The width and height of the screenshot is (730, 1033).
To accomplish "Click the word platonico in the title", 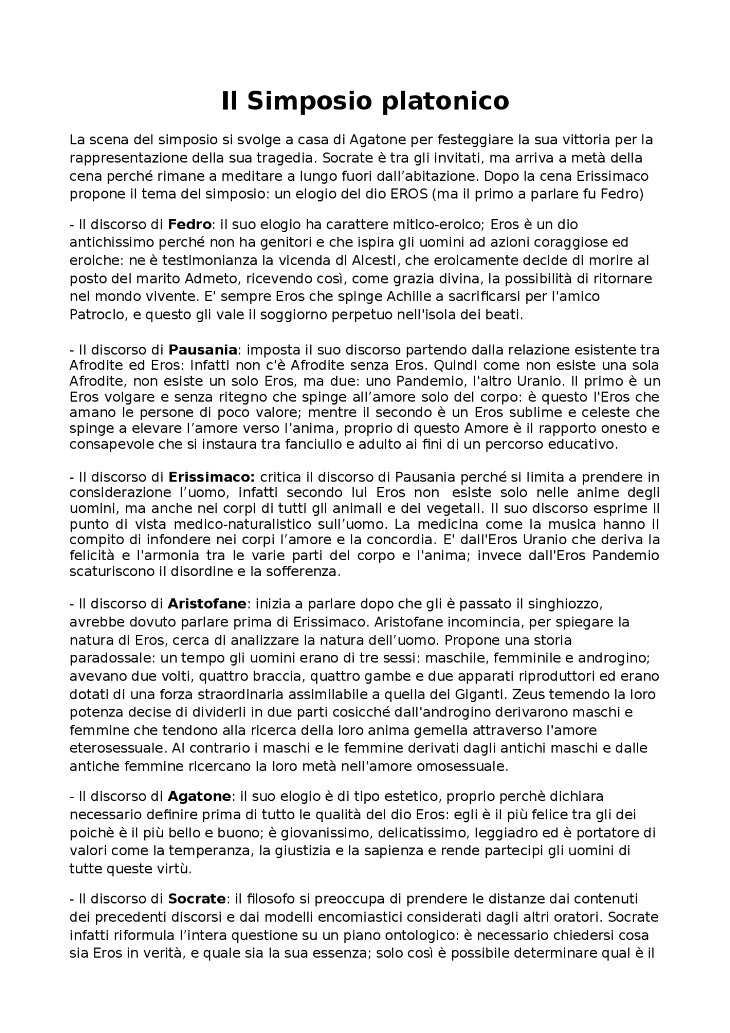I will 444,101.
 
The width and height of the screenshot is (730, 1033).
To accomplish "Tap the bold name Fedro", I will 189,224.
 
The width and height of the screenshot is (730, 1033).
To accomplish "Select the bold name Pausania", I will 202,349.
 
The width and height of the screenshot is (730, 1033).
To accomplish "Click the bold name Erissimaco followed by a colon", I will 211,476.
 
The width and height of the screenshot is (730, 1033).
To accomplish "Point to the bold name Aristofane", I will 207,603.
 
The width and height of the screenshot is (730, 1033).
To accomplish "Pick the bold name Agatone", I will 199,796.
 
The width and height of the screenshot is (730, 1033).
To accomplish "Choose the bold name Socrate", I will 197,899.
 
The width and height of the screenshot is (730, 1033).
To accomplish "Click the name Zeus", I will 529,694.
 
